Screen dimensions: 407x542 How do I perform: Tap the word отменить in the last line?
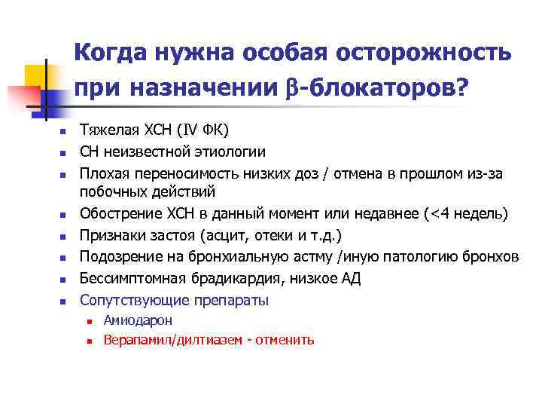[285, 341]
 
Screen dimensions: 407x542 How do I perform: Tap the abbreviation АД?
[352, 279]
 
